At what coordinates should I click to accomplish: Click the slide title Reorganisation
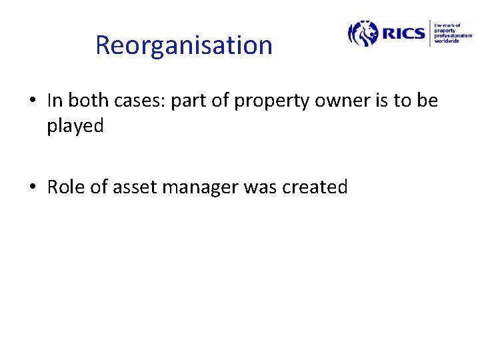[184, 45]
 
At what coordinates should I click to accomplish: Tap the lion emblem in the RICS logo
[363, 33]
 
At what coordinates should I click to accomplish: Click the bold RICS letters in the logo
[403, 33]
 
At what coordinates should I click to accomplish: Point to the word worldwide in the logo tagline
[447, 41]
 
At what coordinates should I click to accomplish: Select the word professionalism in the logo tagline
[453, 36]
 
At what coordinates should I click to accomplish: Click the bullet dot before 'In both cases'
[33, 101]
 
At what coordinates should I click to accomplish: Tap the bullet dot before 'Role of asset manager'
[33, 188]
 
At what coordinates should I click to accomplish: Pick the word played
[75, 126]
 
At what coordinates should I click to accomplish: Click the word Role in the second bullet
[66, 187]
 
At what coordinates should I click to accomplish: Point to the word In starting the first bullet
[54, 101]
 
